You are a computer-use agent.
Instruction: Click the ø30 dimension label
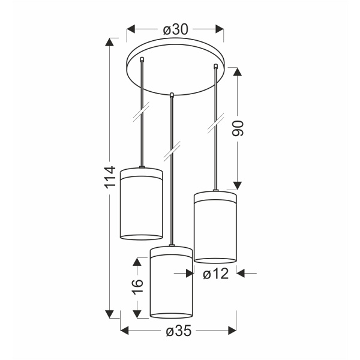[176, 29]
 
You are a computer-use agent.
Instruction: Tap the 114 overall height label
[110, 177]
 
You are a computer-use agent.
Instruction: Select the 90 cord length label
[238, 128]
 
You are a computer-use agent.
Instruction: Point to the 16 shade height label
[137, 286]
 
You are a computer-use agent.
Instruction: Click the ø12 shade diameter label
[216, 274]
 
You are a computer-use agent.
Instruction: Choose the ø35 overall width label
[179, 331]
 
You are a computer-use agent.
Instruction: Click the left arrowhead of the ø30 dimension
[131, 29]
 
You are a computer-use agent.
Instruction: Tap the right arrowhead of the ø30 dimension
[220, 29]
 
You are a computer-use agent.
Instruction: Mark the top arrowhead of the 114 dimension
[110, 42]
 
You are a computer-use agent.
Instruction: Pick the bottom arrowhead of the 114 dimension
[110, 314]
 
